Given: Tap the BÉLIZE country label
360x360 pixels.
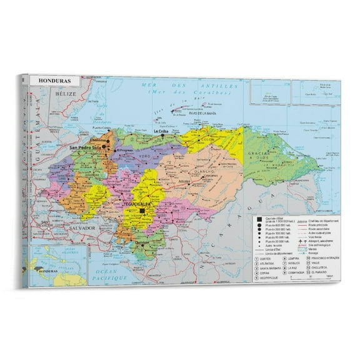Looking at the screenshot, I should point(65,93).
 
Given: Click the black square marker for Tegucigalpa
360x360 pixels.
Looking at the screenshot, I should point(142,212).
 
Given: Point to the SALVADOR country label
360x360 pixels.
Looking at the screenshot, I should point(82,229).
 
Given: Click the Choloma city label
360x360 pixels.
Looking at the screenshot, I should point(99,139).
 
